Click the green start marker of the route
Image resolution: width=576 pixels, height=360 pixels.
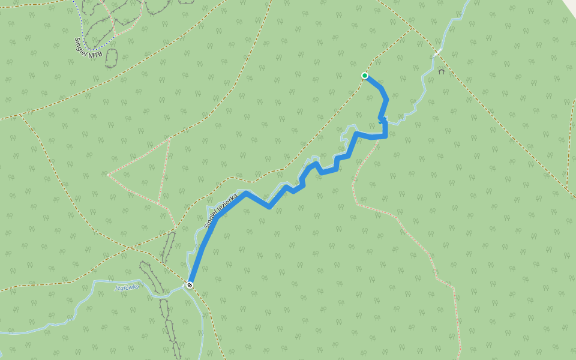point(364,76)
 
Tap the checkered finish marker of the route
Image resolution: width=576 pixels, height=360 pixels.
point(190,285)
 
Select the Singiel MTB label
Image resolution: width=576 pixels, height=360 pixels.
point(88,48)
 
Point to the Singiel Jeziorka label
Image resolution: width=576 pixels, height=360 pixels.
point(220,211)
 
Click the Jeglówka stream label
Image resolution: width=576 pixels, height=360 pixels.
point(127,287)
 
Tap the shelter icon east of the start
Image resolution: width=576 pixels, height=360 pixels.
point(442,71)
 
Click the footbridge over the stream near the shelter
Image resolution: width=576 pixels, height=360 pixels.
point(438,53)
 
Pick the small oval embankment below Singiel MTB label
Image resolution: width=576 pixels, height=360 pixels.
point(111,59)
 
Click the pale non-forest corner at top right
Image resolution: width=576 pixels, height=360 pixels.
point(570,5)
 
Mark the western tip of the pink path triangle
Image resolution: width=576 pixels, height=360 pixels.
point(108,175)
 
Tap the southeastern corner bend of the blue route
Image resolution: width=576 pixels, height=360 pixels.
point(385,136)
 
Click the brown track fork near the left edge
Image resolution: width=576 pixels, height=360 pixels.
point(22,114)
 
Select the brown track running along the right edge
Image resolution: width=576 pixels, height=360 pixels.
point(569,150)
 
